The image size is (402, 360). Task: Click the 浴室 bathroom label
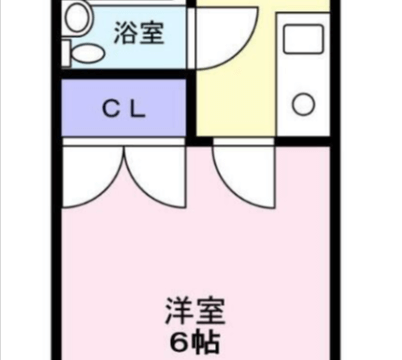click(x=139, y=33)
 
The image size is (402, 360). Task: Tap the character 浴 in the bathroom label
click(x=126, y=33)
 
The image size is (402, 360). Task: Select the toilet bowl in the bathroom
click(x=88, y=53)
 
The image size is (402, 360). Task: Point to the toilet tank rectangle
click(x=66, y=53)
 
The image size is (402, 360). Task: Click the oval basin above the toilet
click(x=78, y=17)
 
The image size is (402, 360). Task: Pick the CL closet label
click(x=124, y=109)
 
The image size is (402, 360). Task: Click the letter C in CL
click(x=112, y=109)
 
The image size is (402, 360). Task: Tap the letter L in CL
click(x=138, y=109)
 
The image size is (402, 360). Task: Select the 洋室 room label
click(x=195, y=312)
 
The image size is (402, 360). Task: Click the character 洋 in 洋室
click(x=179, y=312)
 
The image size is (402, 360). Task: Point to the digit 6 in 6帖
click(x=180, y=341)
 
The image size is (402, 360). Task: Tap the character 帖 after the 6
click(x=206, y=341)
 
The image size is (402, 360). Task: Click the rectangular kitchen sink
click(x=303, y=38)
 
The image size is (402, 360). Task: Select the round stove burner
click(x=303, y=104)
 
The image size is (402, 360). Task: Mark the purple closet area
click(x=124, y=108)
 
